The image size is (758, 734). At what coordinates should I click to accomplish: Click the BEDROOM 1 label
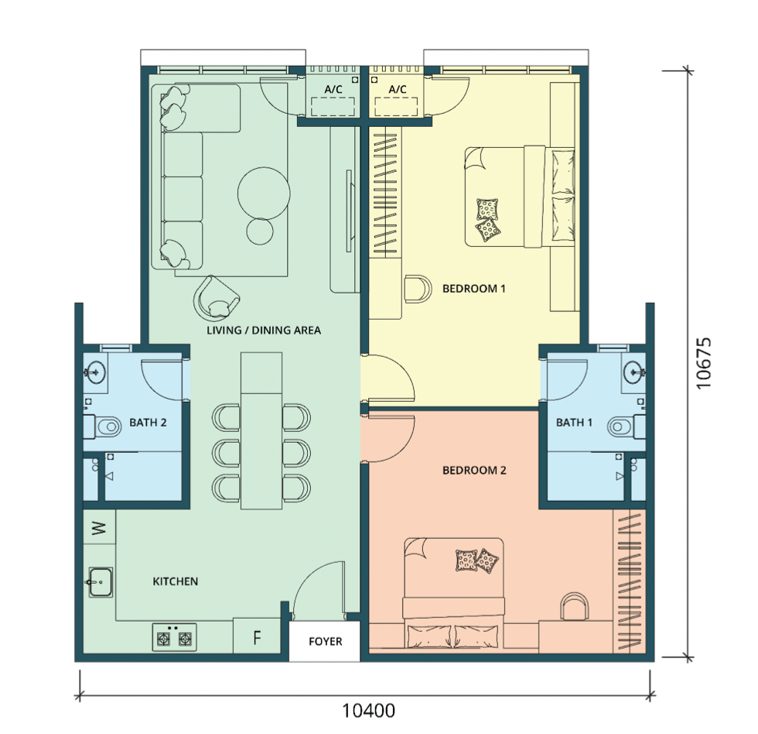click(x=473, y=289)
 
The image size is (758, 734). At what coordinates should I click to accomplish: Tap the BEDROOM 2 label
click(x=474, y=470)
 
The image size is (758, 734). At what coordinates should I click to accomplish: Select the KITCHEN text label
click(x=175, y=581)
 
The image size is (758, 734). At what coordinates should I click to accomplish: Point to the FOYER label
click(x=326, y=642)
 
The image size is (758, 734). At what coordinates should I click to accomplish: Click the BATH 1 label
click(x=574, y=423)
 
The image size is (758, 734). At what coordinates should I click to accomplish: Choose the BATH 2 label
click(x=148, y=423)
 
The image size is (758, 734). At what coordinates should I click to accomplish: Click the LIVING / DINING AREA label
click(x=264, y=331)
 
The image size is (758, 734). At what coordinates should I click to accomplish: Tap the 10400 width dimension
click(x=368, y=711)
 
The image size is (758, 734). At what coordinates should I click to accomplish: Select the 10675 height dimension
click(x=704, y=363)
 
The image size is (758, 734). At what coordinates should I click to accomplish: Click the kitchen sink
click(x=100, y=582)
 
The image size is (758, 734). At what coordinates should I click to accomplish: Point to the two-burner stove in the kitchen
click(x=175, y=637)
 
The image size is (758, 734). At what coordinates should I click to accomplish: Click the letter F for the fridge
click(x=257, y=638)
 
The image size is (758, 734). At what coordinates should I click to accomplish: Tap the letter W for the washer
click(x=99, y=527)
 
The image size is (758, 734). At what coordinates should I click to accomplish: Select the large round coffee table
click(x=264, y=194)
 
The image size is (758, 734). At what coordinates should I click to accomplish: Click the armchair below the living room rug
click(x=216, y=299)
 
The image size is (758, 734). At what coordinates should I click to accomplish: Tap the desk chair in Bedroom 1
click(x=417, y=289)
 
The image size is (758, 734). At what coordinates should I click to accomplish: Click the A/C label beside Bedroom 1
click(x=398, y=89)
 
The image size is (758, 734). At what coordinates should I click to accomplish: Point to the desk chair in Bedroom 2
click(x=574, y=606)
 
